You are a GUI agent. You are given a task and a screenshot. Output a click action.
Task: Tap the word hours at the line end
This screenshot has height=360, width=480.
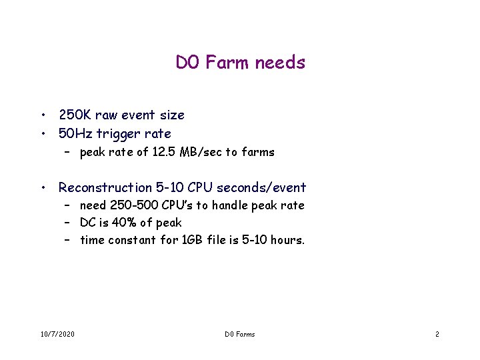288,240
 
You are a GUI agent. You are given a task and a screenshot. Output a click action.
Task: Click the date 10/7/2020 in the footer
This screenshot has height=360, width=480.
57,334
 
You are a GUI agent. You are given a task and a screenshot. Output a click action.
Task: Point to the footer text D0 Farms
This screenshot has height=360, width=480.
239,334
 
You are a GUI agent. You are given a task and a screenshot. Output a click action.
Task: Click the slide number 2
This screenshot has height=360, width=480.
437,334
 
